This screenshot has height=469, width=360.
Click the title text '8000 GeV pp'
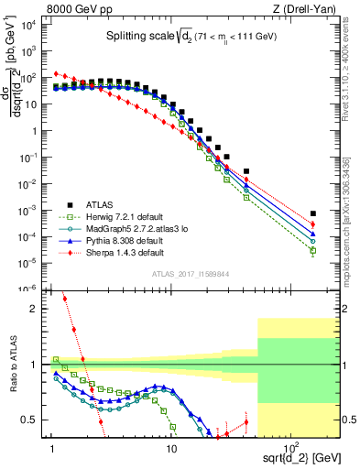pos(75,9)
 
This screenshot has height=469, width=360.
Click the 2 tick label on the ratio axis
pos(39,309)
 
